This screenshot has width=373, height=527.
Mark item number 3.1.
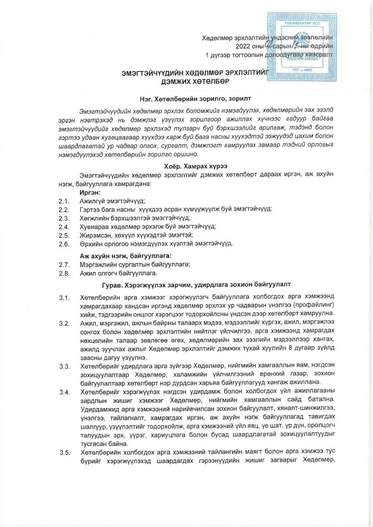click(x=65, y=299)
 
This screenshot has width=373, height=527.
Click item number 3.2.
click(x=65, y=324)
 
